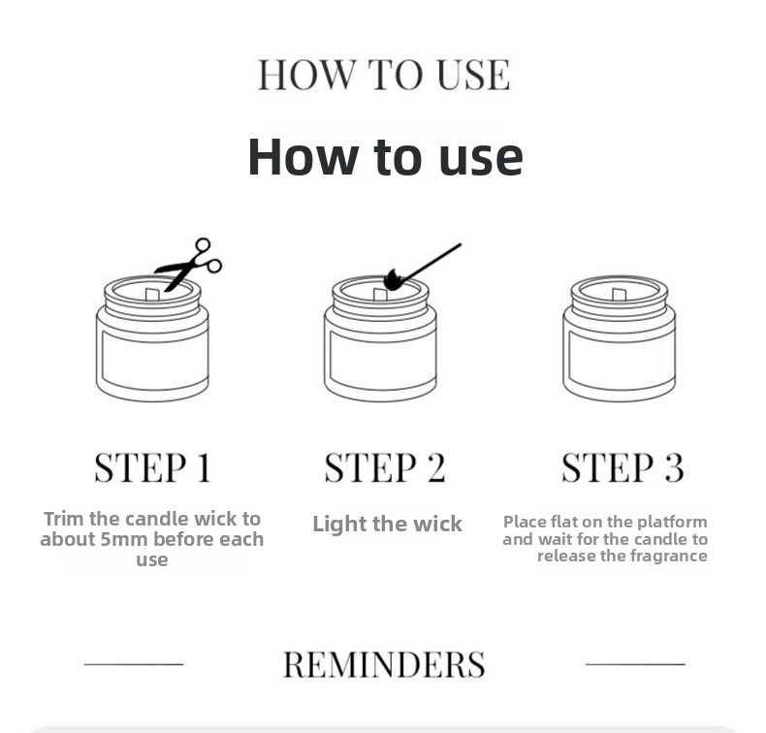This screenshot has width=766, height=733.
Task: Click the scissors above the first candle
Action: coord(187,265)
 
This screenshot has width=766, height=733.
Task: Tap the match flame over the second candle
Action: coord(393,280)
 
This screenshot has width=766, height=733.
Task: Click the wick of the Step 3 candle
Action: coord(619,295)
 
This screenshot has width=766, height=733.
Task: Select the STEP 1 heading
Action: coord(153,468)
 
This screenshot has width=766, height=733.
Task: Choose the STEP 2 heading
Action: coord(385,468)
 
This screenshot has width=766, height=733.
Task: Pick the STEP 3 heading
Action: coord(622,468)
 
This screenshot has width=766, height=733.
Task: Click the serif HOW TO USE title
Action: coord(384,75)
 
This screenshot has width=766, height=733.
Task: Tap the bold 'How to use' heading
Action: coord(386,157)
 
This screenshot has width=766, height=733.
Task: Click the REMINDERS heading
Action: coord(384,664)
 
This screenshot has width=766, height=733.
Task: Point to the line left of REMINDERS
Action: coord(134,664)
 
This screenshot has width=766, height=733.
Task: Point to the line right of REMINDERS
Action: coord(635,664)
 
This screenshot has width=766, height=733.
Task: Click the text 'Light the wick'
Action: coord(387,524)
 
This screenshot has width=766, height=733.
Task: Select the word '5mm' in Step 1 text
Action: coord(124,540)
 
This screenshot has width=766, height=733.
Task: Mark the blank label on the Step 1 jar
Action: coord(154,359)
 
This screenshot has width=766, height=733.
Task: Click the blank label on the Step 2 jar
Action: coord(383,359)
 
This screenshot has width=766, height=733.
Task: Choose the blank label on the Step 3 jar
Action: coord(622,359)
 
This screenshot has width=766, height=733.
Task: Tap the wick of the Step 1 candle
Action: coord(152,295)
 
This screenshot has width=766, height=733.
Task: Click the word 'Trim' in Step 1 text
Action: coord(64,519)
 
